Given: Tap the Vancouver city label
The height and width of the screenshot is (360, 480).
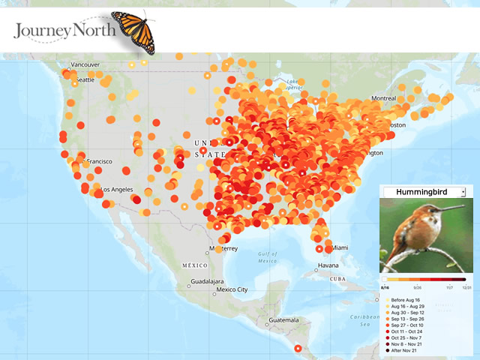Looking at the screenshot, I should tap(85, 64).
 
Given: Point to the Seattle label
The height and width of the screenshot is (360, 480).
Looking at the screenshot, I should tap(84, 79).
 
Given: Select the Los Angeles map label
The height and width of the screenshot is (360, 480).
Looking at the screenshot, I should tap(118, 189).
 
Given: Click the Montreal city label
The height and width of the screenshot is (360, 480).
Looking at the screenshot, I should tap(383, 99).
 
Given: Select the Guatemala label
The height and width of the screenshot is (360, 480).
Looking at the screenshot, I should tap(284, 320).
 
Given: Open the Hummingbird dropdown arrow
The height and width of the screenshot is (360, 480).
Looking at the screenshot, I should tap(463, 192).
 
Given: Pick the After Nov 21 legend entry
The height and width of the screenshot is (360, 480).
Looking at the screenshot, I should tap(407, 350).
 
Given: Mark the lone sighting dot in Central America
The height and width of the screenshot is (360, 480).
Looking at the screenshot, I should tap(298, 348).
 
